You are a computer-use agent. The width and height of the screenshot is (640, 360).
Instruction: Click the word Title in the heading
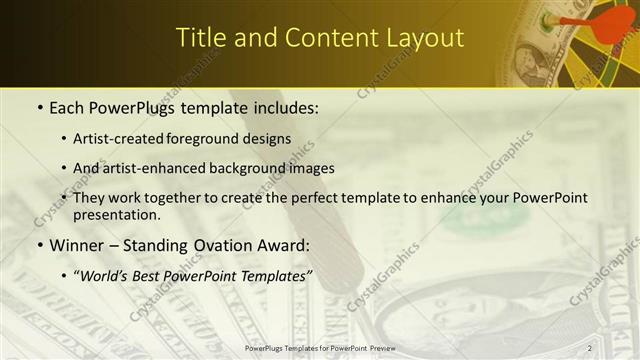198,37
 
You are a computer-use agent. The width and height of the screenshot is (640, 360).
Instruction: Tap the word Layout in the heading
425,37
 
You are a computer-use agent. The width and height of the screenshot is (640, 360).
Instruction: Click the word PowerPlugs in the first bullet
132,107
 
